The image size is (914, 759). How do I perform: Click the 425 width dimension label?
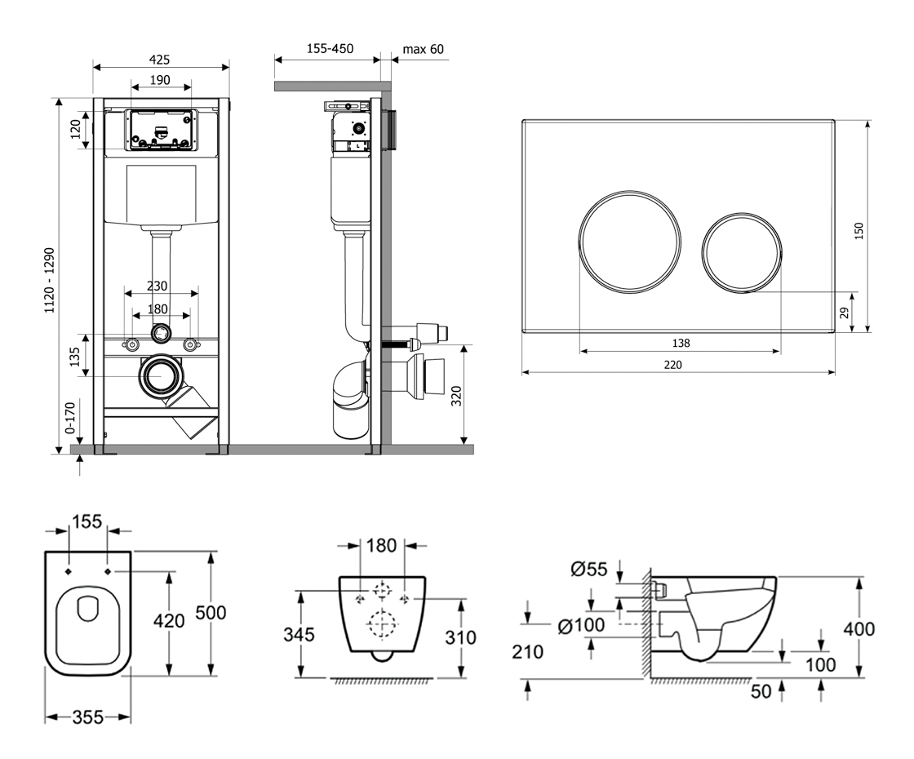click(x=161, y=59)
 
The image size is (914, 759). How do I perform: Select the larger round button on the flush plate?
click(x=630, y=241)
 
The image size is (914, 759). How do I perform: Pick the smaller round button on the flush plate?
click(x=741, y=253)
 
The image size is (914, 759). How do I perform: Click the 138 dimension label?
click(x=679, y=344)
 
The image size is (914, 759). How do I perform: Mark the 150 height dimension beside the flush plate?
click(x=859, y=233)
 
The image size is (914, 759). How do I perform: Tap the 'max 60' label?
click(x=424, y=49)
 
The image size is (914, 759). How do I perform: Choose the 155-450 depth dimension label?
click(x=330, y=49)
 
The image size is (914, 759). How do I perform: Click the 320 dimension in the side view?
click(x=456, y=396)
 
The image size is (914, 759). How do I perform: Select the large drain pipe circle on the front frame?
click(x=161, y=378)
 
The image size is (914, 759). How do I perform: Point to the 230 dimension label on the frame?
click(x=158, y=286)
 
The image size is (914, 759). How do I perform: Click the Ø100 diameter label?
click(x=581, y=626)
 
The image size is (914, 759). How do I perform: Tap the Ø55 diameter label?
click(x=587, y=570)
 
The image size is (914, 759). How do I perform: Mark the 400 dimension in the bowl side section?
click(x=858, y=628)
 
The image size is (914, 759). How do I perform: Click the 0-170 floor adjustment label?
click(x=71, y=417)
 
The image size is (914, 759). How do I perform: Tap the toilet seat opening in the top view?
click(x=87, y=610)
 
